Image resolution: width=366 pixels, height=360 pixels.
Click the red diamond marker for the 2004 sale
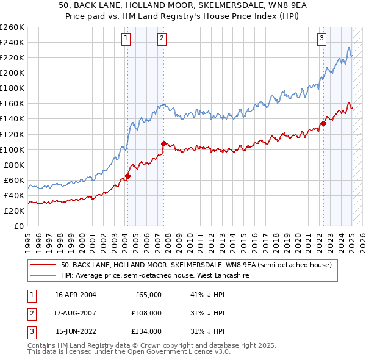127,176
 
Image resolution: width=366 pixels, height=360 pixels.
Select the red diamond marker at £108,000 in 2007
163,143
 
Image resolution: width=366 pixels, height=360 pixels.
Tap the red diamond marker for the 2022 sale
323,123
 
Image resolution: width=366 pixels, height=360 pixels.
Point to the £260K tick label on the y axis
12,27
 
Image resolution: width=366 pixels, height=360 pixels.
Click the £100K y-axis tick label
12,149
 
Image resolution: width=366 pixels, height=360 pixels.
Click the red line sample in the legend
42,265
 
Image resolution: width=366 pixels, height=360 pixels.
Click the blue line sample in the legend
42,276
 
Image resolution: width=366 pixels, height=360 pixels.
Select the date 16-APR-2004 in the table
76,295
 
